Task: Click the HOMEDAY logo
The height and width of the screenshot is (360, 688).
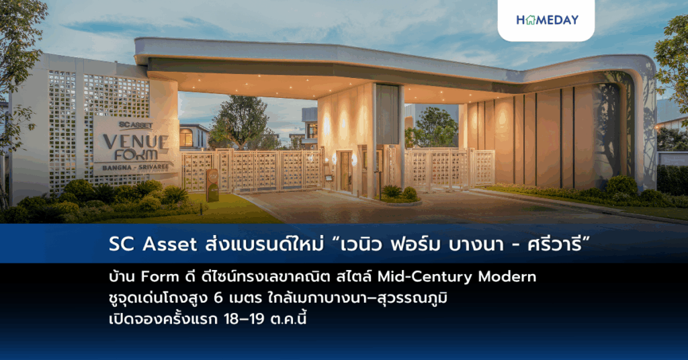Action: click(x=546, y=20)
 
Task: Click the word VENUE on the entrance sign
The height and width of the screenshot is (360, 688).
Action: click(x=134, y=142)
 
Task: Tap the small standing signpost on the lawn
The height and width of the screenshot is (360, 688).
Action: click(x=212, y=185)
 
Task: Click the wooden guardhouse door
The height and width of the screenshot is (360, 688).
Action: click(x=345, y=171)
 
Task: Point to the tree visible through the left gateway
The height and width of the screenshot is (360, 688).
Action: click(x=239, y=121)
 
